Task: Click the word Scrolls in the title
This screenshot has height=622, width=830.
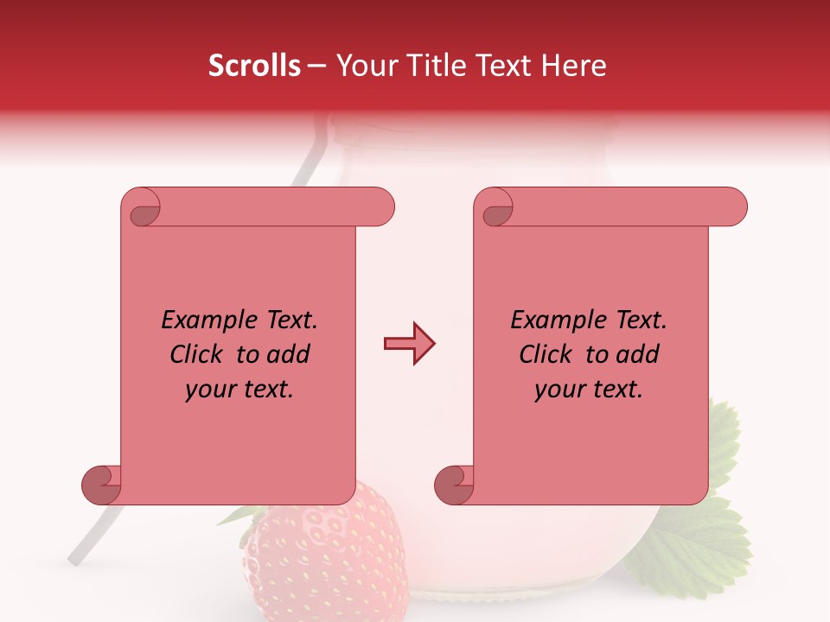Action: point(255,66)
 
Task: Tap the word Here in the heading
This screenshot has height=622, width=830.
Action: point(573,66)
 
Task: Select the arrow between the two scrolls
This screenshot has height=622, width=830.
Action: point(409,344)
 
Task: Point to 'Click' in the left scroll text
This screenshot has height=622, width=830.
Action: point(198,354)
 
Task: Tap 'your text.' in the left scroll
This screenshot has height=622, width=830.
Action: point(239,389)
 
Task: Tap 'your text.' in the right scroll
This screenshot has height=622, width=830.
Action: point(589,389)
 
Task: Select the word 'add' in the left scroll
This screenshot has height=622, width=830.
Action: point(289,354)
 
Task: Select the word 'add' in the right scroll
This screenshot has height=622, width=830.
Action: point(638,354)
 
